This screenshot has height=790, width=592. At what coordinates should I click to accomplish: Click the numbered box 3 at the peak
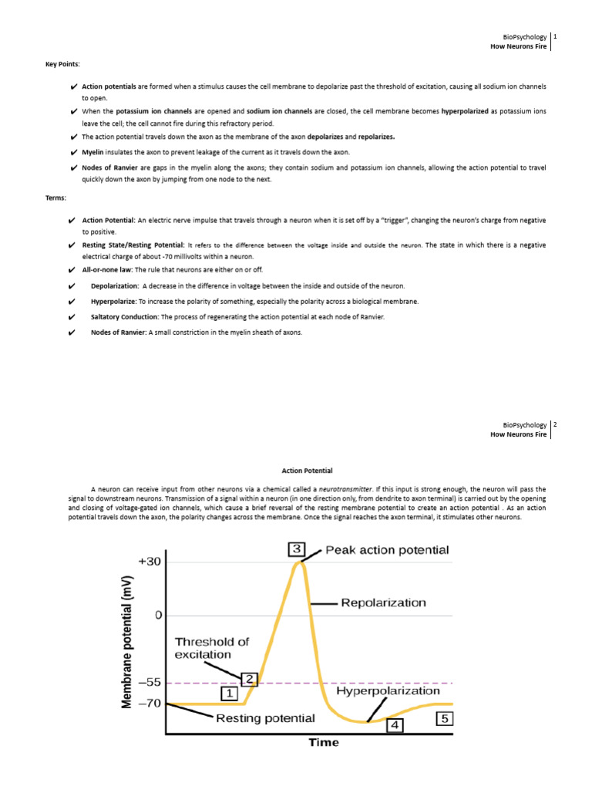(x=297, y=549)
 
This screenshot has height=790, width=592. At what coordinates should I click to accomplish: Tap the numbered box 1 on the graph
(x=229, y=694)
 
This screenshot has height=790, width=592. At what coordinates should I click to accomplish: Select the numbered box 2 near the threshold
(x=249, y=679)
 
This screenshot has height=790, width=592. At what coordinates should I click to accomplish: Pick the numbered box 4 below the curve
(x=394, y=725)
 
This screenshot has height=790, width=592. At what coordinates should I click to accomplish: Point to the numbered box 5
(x=445, y=718)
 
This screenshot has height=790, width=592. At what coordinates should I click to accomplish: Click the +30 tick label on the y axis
(x=149, y=562)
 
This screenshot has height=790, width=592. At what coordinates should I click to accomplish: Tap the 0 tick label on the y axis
(x=158, y=615)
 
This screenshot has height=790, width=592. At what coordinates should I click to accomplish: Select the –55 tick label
(x=149, y=683)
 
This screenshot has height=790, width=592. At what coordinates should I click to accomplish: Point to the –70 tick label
(x=149, y=703)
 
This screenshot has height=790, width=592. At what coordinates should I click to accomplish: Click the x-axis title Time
(x=324, y=742)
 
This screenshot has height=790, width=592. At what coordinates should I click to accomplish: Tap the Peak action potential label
(x=387, y=550)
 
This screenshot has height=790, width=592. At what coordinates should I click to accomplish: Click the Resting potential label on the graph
(x=265, y=717)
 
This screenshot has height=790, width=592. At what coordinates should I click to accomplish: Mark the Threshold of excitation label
(x=212, y=648)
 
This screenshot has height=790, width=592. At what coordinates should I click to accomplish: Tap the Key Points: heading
(x=62, y=64)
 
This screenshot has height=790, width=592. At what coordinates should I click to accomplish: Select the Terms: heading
(x=55, y=198)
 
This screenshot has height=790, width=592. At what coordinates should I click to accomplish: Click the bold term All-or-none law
(x=107, y=270)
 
